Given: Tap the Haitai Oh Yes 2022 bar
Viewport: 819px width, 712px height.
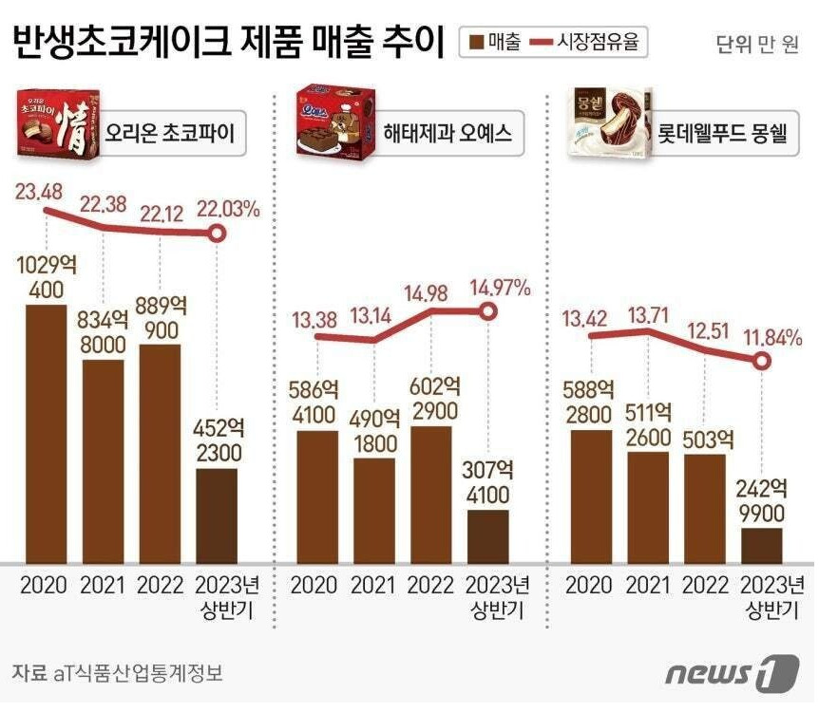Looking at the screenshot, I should (433, 494).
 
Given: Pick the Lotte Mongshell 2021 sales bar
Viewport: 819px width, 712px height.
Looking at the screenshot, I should (649, 506).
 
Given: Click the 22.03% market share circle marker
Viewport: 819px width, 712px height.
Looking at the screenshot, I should (218, 234).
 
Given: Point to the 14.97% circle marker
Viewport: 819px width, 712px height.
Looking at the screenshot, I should (488, 311).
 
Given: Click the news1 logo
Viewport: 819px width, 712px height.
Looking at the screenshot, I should (731, 672).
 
